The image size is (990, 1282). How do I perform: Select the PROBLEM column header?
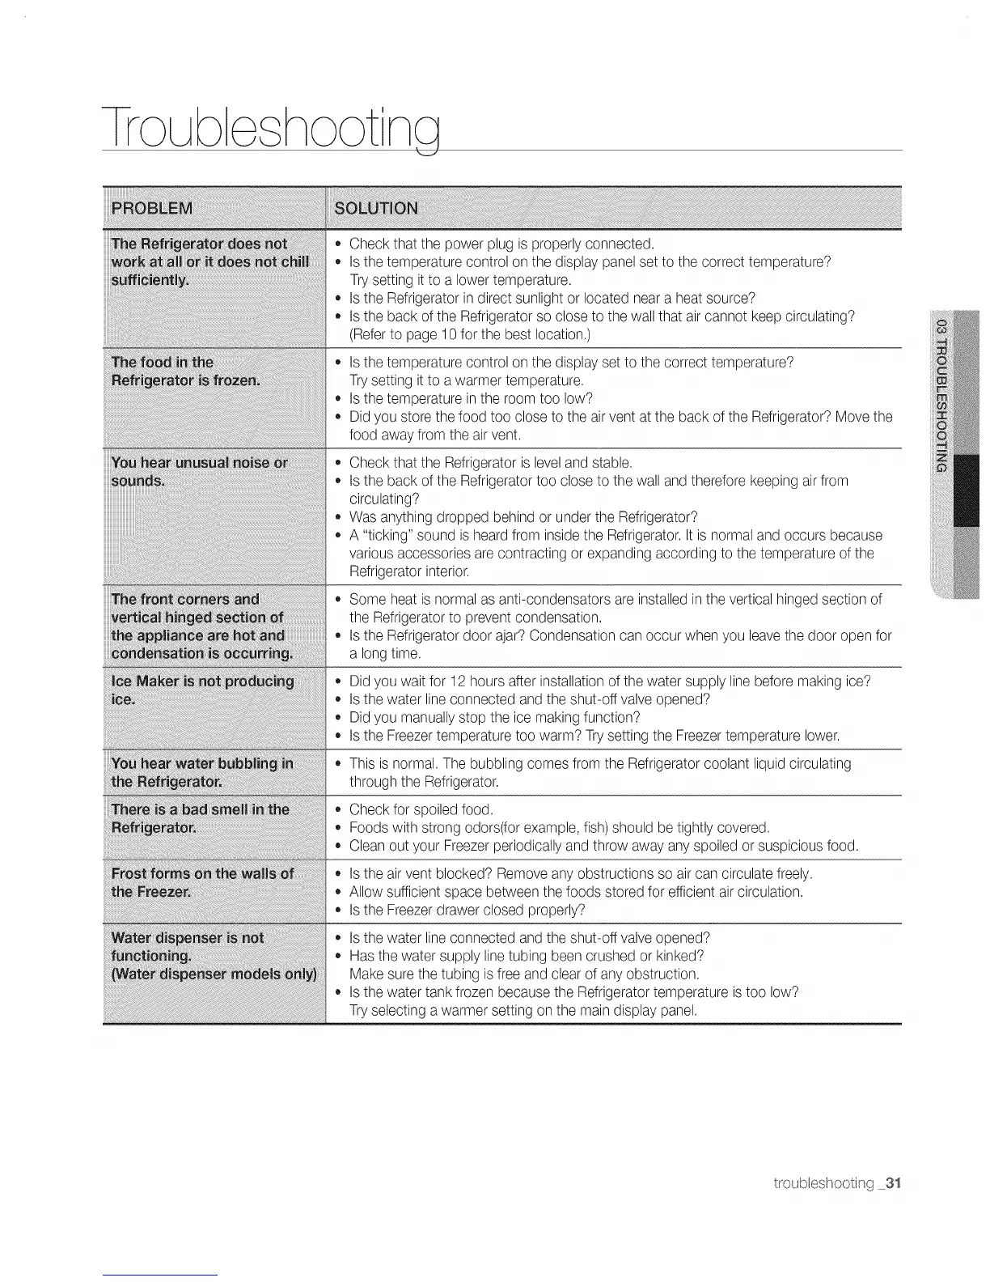pos(152,208)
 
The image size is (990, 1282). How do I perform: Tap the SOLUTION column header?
pos(376,208)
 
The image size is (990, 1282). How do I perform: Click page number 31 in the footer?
pos(892,1183)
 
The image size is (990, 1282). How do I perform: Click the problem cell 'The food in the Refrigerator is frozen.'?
pos(185,371)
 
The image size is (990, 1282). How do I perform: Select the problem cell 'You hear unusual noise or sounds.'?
pos(199,472)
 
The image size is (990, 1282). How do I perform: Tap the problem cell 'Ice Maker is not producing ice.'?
pos(202,690)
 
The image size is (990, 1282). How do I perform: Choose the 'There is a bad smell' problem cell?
pos(200,818)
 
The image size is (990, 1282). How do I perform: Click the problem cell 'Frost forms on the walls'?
pos(202,882)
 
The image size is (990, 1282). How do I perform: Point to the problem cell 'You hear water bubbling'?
pos(202,772)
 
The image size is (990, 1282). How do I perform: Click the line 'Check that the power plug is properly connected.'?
pos(501,244)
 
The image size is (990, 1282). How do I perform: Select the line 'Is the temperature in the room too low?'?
pos(471,398)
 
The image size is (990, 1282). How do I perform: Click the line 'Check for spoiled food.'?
pos(421,809)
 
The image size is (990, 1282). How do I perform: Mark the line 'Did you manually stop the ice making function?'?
pos(494,718)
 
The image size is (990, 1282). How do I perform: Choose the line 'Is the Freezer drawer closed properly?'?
pos(467,910)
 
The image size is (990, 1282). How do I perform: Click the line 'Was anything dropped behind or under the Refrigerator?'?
pos(523,517)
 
